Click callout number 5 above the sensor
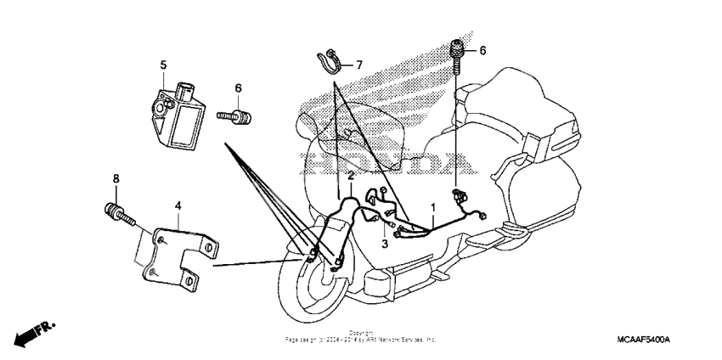163,65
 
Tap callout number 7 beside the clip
358,65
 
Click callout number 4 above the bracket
178,205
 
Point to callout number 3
384,244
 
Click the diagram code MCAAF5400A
644,340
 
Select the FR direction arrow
34,333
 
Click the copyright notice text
360,337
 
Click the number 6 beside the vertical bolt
482,51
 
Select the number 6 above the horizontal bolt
238,88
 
